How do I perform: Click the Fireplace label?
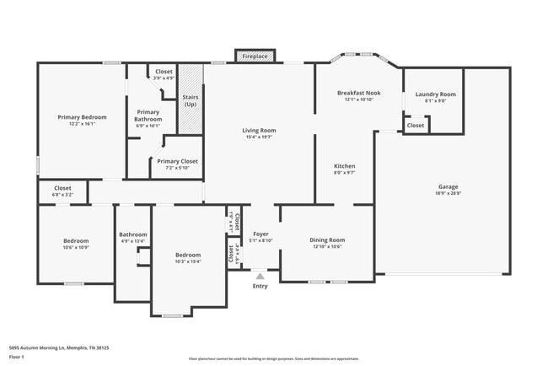(x=255, y=57)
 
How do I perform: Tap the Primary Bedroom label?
(x=82, y=117)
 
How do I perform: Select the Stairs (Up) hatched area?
(x=191, y=100)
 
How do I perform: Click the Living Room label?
(x=259, y=131)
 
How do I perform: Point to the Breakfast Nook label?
(x=358, y=92)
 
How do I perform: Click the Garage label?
(x=448, y=186)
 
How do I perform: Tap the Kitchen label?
(x=344, y=166)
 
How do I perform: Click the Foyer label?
(x=261, y=234)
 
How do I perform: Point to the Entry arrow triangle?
(x=260, y=274)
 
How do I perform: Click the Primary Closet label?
(x=177, y=161)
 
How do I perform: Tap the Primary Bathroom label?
(x=148, y=116)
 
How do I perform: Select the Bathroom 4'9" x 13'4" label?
(x=132, y=235)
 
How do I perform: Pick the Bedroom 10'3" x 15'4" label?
(x=187, y=255)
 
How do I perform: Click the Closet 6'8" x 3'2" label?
(x=62, y=189)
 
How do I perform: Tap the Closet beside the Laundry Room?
(x=416, y=126)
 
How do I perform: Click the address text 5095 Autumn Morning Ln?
(x=59, y=347)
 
